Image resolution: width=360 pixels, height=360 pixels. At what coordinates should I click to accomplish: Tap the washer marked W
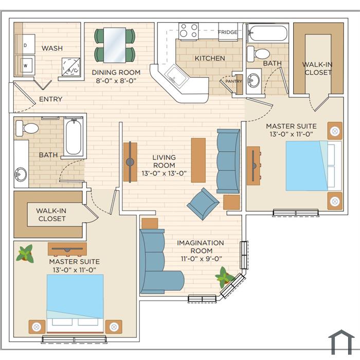25,66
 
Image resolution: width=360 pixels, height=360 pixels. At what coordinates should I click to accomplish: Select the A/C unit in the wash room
71,67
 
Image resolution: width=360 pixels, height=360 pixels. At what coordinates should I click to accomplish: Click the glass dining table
115,45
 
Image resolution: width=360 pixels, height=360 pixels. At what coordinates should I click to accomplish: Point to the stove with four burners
189,31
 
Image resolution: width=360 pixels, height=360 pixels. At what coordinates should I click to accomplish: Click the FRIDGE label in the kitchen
227,32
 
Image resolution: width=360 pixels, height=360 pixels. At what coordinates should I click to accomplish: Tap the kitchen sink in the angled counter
174,76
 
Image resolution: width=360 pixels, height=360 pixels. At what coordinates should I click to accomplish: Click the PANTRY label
233,81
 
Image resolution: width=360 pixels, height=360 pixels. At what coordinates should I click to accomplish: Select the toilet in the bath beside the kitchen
258,54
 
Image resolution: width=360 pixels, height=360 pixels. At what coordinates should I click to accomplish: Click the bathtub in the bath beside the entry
74,137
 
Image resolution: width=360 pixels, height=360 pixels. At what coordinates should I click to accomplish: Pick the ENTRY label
51,99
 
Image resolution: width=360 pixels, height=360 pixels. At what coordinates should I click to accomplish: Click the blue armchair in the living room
203,204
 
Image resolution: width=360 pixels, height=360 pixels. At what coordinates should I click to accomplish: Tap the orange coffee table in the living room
199,160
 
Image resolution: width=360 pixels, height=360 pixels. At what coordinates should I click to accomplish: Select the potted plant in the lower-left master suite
25,254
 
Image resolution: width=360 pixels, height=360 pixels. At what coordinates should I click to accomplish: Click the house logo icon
341,342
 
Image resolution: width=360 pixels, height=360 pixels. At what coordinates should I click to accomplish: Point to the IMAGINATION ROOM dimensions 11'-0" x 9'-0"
202,259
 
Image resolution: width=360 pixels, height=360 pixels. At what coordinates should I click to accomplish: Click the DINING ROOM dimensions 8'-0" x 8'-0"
116,81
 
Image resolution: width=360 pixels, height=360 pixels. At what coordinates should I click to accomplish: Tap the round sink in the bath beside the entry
21,174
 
